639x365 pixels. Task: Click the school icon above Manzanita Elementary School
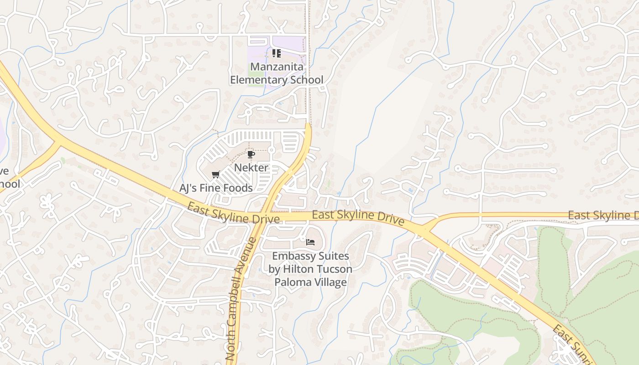[276, 53]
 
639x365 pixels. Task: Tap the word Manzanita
[277, 67]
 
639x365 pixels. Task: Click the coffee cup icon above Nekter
[251, 155]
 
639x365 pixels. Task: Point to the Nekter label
[251, 167]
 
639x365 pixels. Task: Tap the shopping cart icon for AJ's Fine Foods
[216, 174]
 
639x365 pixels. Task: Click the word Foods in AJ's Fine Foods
[239, 188]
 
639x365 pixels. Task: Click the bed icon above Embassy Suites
[310, 242]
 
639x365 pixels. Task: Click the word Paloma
[290, 282]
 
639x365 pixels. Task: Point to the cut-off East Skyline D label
[602, 215]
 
